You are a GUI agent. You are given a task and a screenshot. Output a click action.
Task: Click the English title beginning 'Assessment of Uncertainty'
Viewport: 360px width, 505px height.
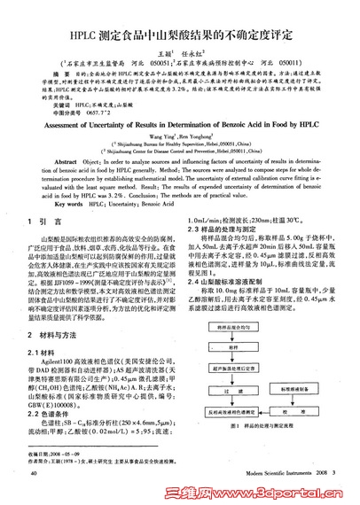tap(179, 125)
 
